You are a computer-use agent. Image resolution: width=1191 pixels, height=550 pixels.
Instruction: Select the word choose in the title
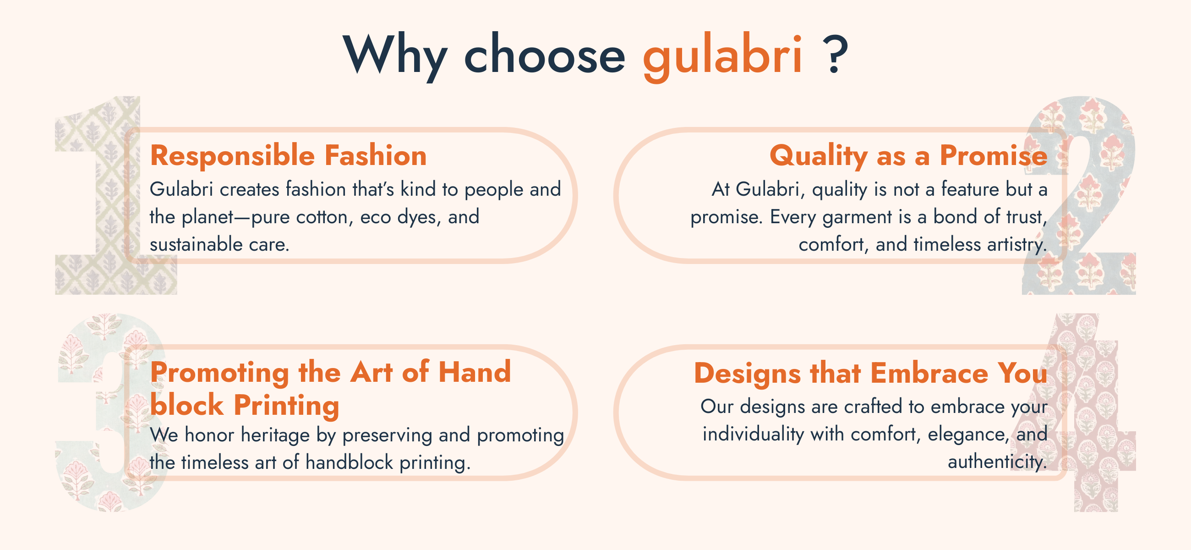tap(545, 54)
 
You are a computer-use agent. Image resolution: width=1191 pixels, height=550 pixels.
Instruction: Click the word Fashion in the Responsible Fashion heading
tap(376, 155)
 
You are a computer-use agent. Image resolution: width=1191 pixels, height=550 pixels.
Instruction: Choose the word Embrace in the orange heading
tap(929, 373)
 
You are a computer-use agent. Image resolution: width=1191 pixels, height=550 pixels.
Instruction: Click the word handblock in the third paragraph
tap(349, 462)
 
